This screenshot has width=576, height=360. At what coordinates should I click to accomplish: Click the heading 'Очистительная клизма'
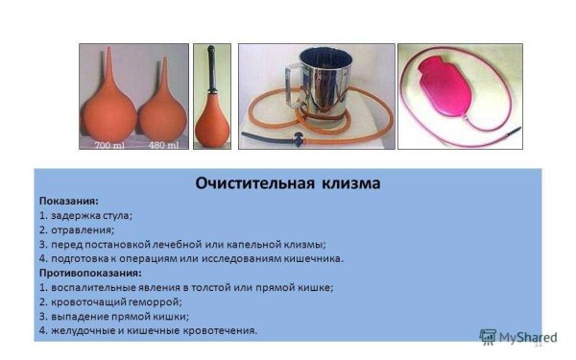pos(288,182)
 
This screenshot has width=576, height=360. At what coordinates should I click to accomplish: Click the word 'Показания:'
pos(68,202)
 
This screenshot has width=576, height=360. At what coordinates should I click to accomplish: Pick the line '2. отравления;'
pos(77,230)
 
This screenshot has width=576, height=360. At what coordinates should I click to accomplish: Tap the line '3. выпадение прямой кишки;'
pos(114,316)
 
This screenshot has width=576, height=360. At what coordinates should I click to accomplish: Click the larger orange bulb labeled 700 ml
pos(109,108)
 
